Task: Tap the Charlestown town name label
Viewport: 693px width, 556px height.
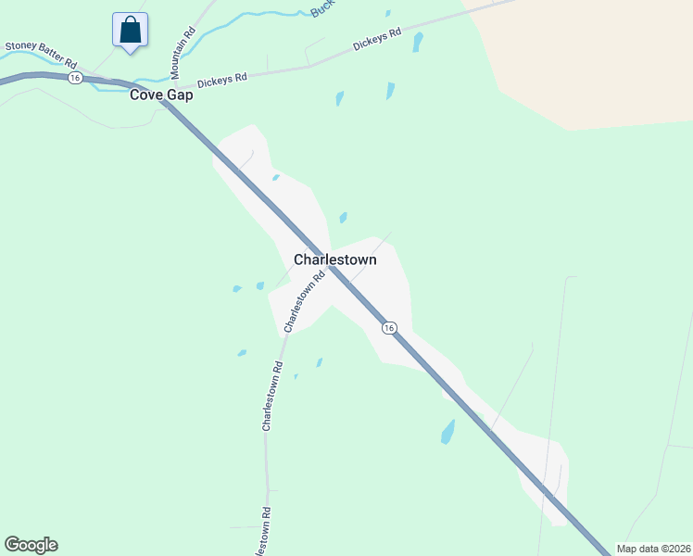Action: [x=334, y=259]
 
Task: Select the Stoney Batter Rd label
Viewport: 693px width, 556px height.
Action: [x=42, y=55]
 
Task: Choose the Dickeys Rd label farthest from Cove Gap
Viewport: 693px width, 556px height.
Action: [x=376, y=39]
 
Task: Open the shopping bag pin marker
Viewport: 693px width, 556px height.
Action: [x=131, y=30]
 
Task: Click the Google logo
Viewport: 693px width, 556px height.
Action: [x=31, y=545]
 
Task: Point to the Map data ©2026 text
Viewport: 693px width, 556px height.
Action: [x=652, y=549]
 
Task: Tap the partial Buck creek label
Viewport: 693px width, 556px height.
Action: [x=321, y=8]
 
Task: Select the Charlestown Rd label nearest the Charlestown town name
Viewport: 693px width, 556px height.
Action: [x=305, y=301]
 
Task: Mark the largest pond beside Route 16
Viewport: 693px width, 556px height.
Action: [x=448, y=432]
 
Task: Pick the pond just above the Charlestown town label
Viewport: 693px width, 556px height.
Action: [x=343, y=218]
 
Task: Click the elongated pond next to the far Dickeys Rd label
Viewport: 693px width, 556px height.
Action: [x=418, y=42]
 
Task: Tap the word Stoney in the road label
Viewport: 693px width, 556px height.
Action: [x=20, y=45]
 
